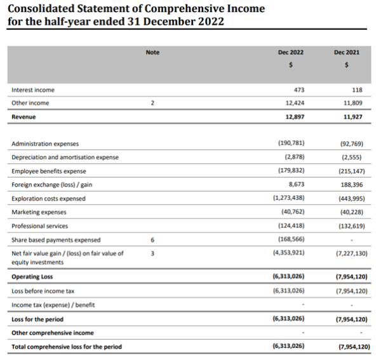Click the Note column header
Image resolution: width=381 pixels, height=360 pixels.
152,52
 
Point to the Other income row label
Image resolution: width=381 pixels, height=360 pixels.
30,103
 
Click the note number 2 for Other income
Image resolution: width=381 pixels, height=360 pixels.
152,103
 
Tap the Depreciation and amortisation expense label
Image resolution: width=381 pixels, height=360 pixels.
65,157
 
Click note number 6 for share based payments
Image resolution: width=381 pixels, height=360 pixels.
152,239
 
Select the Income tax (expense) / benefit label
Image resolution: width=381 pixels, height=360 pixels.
53,305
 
